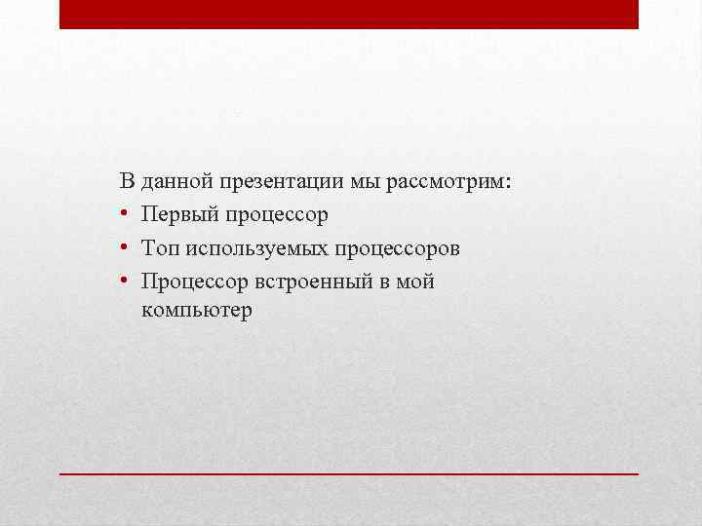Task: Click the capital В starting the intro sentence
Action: [x=127, y=181]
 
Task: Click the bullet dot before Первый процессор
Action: [x=127, y=214]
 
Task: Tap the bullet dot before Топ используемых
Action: [x=127, y=248]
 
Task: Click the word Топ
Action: [x=160, y=248]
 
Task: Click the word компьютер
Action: [x=197, y=312]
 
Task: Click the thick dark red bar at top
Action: [x=349, y=14]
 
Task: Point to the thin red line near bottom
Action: [x=349, y=472]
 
